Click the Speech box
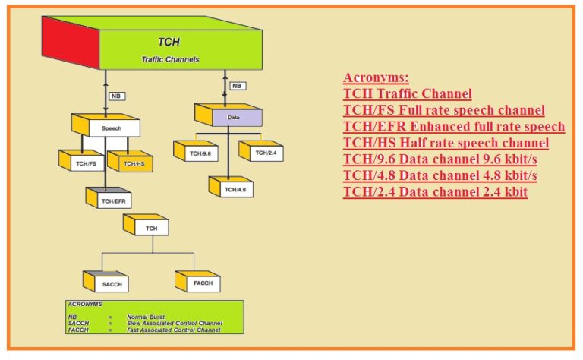[x=112, y=129]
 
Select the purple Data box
[x=234, y=118]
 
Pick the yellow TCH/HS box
[x=134, y=163]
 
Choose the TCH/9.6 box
[x=200, y=153]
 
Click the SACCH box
[x=112, y=285]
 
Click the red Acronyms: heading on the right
[x=376, y=77]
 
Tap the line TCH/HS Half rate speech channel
[x=446, y=143]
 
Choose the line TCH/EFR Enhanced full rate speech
[x=454, y=126]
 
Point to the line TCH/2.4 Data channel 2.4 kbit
[x=435, y=192]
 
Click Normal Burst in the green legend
[x=146, y=316]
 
